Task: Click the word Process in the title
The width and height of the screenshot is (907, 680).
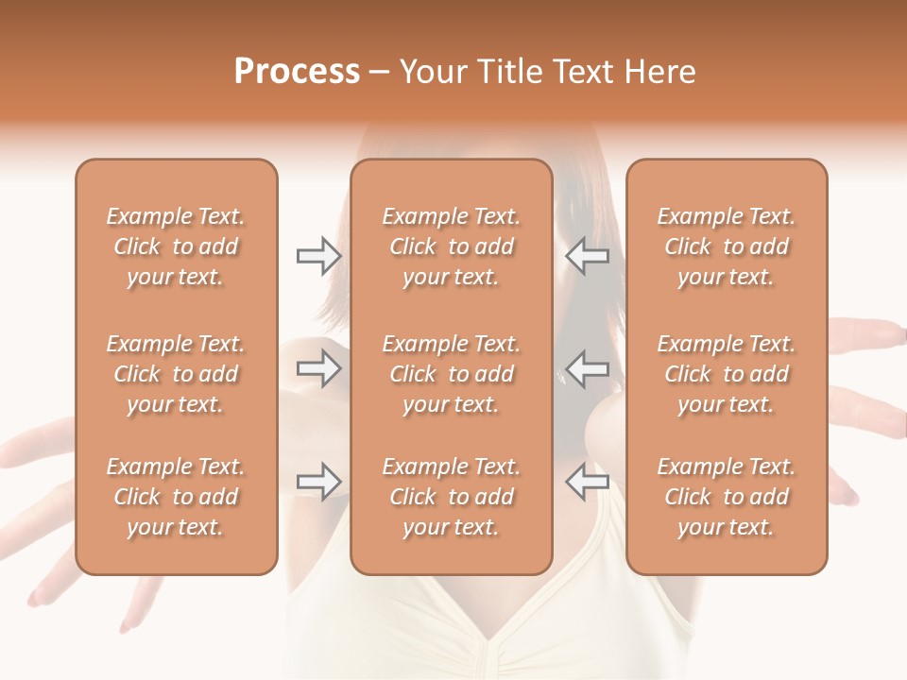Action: click(297, 72)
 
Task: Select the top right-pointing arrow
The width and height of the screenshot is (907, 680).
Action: click(318, 256)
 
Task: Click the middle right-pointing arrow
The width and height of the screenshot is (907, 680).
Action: click(318, 368)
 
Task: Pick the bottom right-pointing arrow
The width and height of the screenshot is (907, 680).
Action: click(318, 482)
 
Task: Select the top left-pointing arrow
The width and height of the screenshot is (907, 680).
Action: click(588, 256)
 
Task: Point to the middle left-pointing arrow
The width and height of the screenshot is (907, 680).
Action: click(588, 368)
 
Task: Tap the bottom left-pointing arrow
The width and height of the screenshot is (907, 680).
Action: click(588, 482)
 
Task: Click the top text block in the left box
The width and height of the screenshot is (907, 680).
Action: click(176, 246)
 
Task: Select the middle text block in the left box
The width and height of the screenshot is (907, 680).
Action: click(176, 374)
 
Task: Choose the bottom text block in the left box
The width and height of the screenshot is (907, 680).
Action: click(176, 497)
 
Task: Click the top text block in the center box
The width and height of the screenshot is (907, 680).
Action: click(452, 246)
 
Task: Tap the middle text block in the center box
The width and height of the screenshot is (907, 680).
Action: click(452, 374)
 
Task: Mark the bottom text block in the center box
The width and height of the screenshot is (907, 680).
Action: click(452, 497)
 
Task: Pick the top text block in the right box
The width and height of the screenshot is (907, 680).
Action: click(727, 246)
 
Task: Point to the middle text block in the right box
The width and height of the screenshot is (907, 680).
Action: click(727, 374)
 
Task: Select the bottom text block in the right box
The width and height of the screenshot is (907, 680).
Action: click(727, 497)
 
